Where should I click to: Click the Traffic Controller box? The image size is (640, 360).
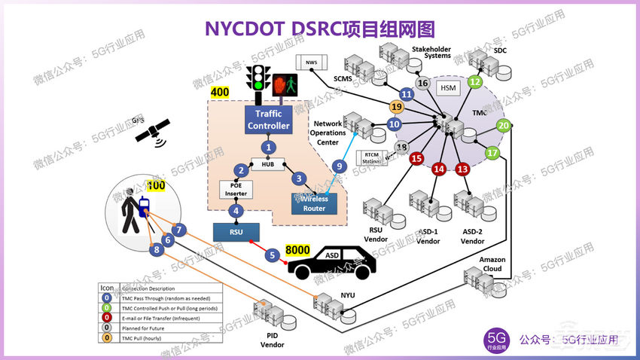(x=267, y=121)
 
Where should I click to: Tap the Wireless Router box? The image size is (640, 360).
(x=314, y=203)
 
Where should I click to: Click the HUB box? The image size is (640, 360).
(x=267, y=164)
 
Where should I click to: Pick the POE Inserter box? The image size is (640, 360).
(x=235, y=188)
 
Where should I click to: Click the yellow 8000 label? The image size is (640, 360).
(x=297, y=249)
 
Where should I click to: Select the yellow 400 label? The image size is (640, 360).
(x=220, y=93)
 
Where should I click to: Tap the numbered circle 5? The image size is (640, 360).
(x=273, y=255)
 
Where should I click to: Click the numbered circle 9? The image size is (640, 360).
(x=340, y=166)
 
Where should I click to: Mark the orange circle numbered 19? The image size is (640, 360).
(x=397, y=107)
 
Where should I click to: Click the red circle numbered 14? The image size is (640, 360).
(x=439, y=169)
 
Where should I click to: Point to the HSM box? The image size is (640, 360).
(x=449, y=89)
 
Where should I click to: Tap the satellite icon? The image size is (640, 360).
(x=151, y=133)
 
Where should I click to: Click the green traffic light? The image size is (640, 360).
(x=260, y=78)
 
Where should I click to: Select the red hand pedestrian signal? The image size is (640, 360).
(x=285, y=84)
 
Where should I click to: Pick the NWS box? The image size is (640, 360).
(x=309, y=62)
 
